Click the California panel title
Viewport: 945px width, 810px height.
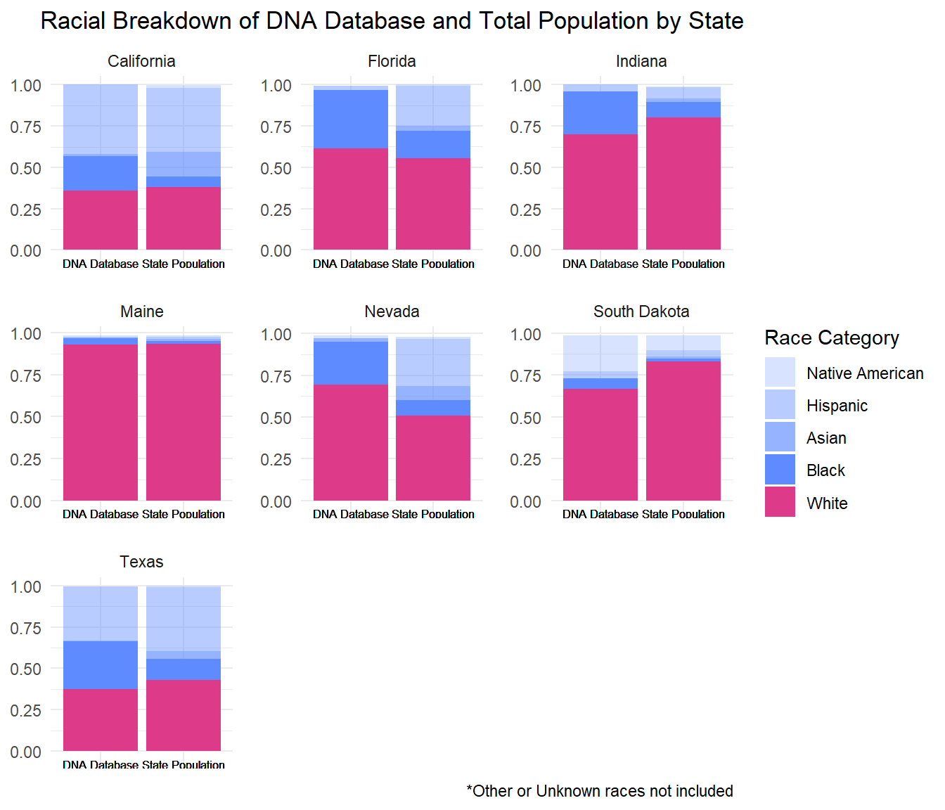point(141,61)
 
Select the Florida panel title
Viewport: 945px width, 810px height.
point(392,61)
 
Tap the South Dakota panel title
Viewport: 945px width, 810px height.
point(641,311)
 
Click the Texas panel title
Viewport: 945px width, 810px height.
point(141,562)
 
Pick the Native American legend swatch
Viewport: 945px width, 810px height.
point(780,373)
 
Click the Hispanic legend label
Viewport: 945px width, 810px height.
point(837,406)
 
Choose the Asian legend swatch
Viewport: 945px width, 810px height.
point(780,437)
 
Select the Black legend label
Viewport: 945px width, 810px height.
point(825,470)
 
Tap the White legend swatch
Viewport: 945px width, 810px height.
point(780,502)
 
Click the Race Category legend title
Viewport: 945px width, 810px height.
point(832,338)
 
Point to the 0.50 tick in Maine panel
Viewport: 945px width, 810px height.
point(26,417)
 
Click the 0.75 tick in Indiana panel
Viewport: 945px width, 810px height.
point(526,127)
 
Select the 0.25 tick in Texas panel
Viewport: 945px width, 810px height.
point(26,710)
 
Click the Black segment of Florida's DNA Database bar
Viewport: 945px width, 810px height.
point(350,119)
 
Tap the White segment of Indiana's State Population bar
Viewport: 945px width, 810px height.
point(683,184)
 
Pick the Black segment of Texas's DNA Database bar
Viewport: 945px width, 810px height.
point(101,664)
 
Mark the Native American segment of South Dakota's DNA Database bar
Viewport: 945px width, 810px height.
point(600,353)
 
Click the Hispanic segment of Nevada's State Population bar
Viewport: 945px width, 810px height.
point(433,362)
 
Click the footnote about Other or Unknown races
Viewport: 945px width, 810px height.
point(599,791)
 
